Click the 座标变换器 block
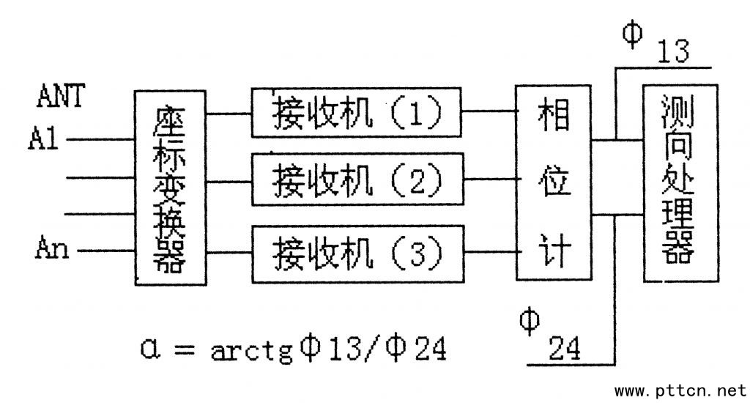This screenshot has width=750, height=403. pos(170,188)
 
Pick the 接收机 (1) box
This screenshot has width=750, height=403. pos(357,113)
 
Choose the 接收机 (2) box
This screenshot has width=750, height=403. pos(357,178)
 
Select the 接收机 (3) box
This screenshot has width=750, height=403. pos(357,252)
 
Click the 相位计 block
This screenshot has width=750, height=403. pos(554,182)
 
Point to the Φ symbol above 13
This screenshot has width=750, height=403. pos(632,32)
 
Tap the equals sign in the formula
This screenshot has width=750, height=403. pos(185,350)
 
